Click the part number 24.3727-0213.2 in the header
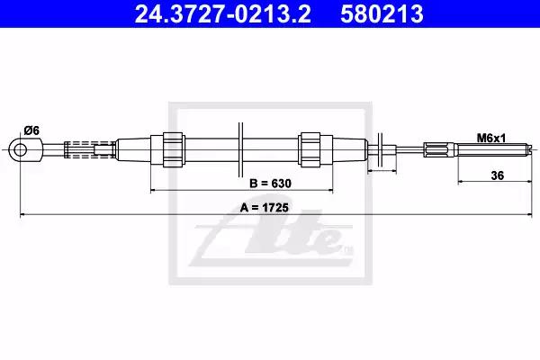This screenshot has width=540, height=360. [222, 14]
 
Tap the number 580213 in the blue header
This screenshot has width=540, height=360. [382, 14]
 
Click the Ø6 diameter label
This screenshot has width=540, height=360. [31, 130]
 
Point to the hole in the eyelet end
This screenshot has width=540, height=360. [21, 150]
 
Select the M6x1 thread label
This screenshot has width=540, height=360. [491, 138]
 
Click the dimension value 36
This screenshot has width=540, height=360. [498, 175]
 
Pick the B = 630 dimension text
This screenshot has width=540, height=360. [270, 184]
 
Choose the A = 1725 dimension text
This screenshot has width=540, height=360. [265, 208]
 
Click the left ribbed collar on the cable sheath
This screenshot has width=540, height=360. [173, 150]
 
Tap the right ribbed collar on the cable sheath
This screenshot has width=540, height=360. [310, 150]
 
